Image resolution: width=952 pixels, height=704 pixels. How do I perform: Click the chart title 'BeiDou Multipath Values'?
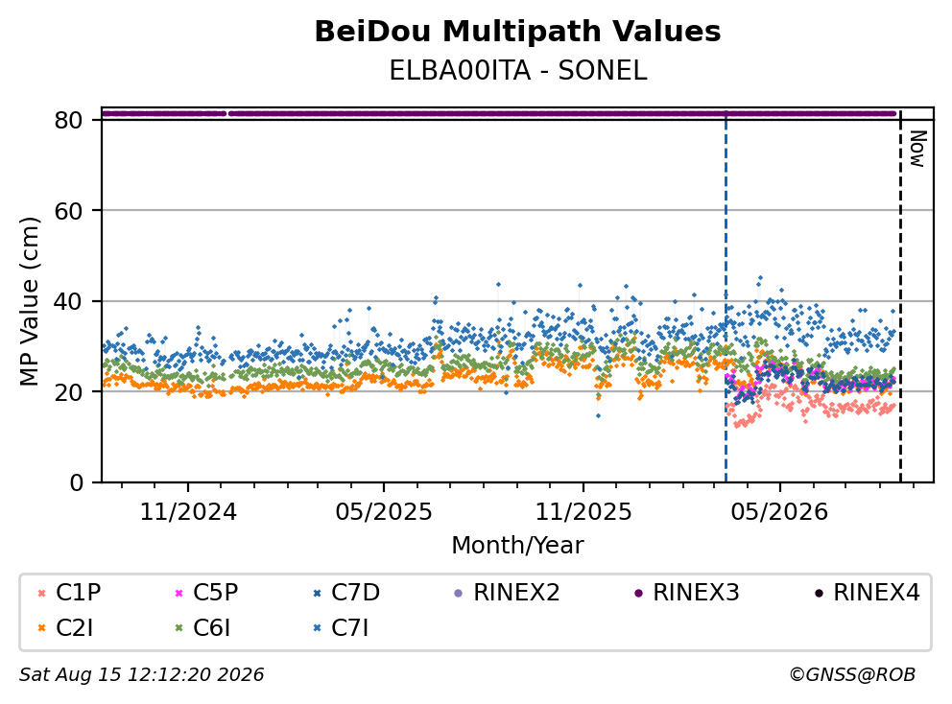[517, 32]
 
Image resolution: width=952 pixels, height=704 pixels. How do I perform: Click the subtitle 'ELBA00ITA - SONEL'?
[517, 71]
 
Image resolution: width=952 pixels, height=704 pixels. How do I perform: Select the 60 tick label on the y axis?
[68, 211]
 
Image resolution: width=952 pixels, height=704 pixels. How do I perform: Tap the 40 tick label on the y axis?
[68, 301]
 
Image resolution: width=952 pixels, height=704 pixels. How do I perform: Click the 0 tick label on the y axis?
[76, 483]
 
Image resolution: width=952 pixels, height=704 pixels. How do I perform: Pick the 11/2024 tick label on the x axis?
[188, 512]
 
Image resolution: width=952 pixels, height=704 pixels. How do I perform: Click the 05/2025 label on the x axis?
[384, 512]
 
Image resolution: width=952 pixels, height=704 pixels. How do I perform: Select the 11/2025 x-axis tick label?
[583, 512]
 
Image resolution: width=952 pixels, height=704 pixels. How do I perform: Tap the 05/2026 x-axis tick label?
[779, 512]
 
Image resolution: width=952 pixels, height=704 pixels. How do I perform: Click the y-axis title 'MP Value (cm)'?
[29, 301]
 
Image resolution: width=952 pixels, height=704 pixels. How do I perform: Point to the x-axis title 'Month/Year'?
[517, 546]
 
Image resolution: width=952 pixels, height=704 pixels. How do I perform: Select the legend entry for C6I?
[203, 628]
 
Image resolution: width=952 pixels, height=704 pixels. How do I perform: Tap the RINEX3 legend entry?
[687, 593]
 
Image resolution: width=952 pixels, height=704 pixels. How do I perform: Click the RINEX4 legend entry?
[867, 593]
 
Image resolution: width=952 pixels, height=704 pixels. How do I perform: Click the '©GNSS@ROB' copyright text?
[852, 675]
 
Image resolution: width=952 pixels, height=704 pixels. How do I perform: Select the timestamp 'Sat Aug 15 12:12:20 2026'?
[142, 675]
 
